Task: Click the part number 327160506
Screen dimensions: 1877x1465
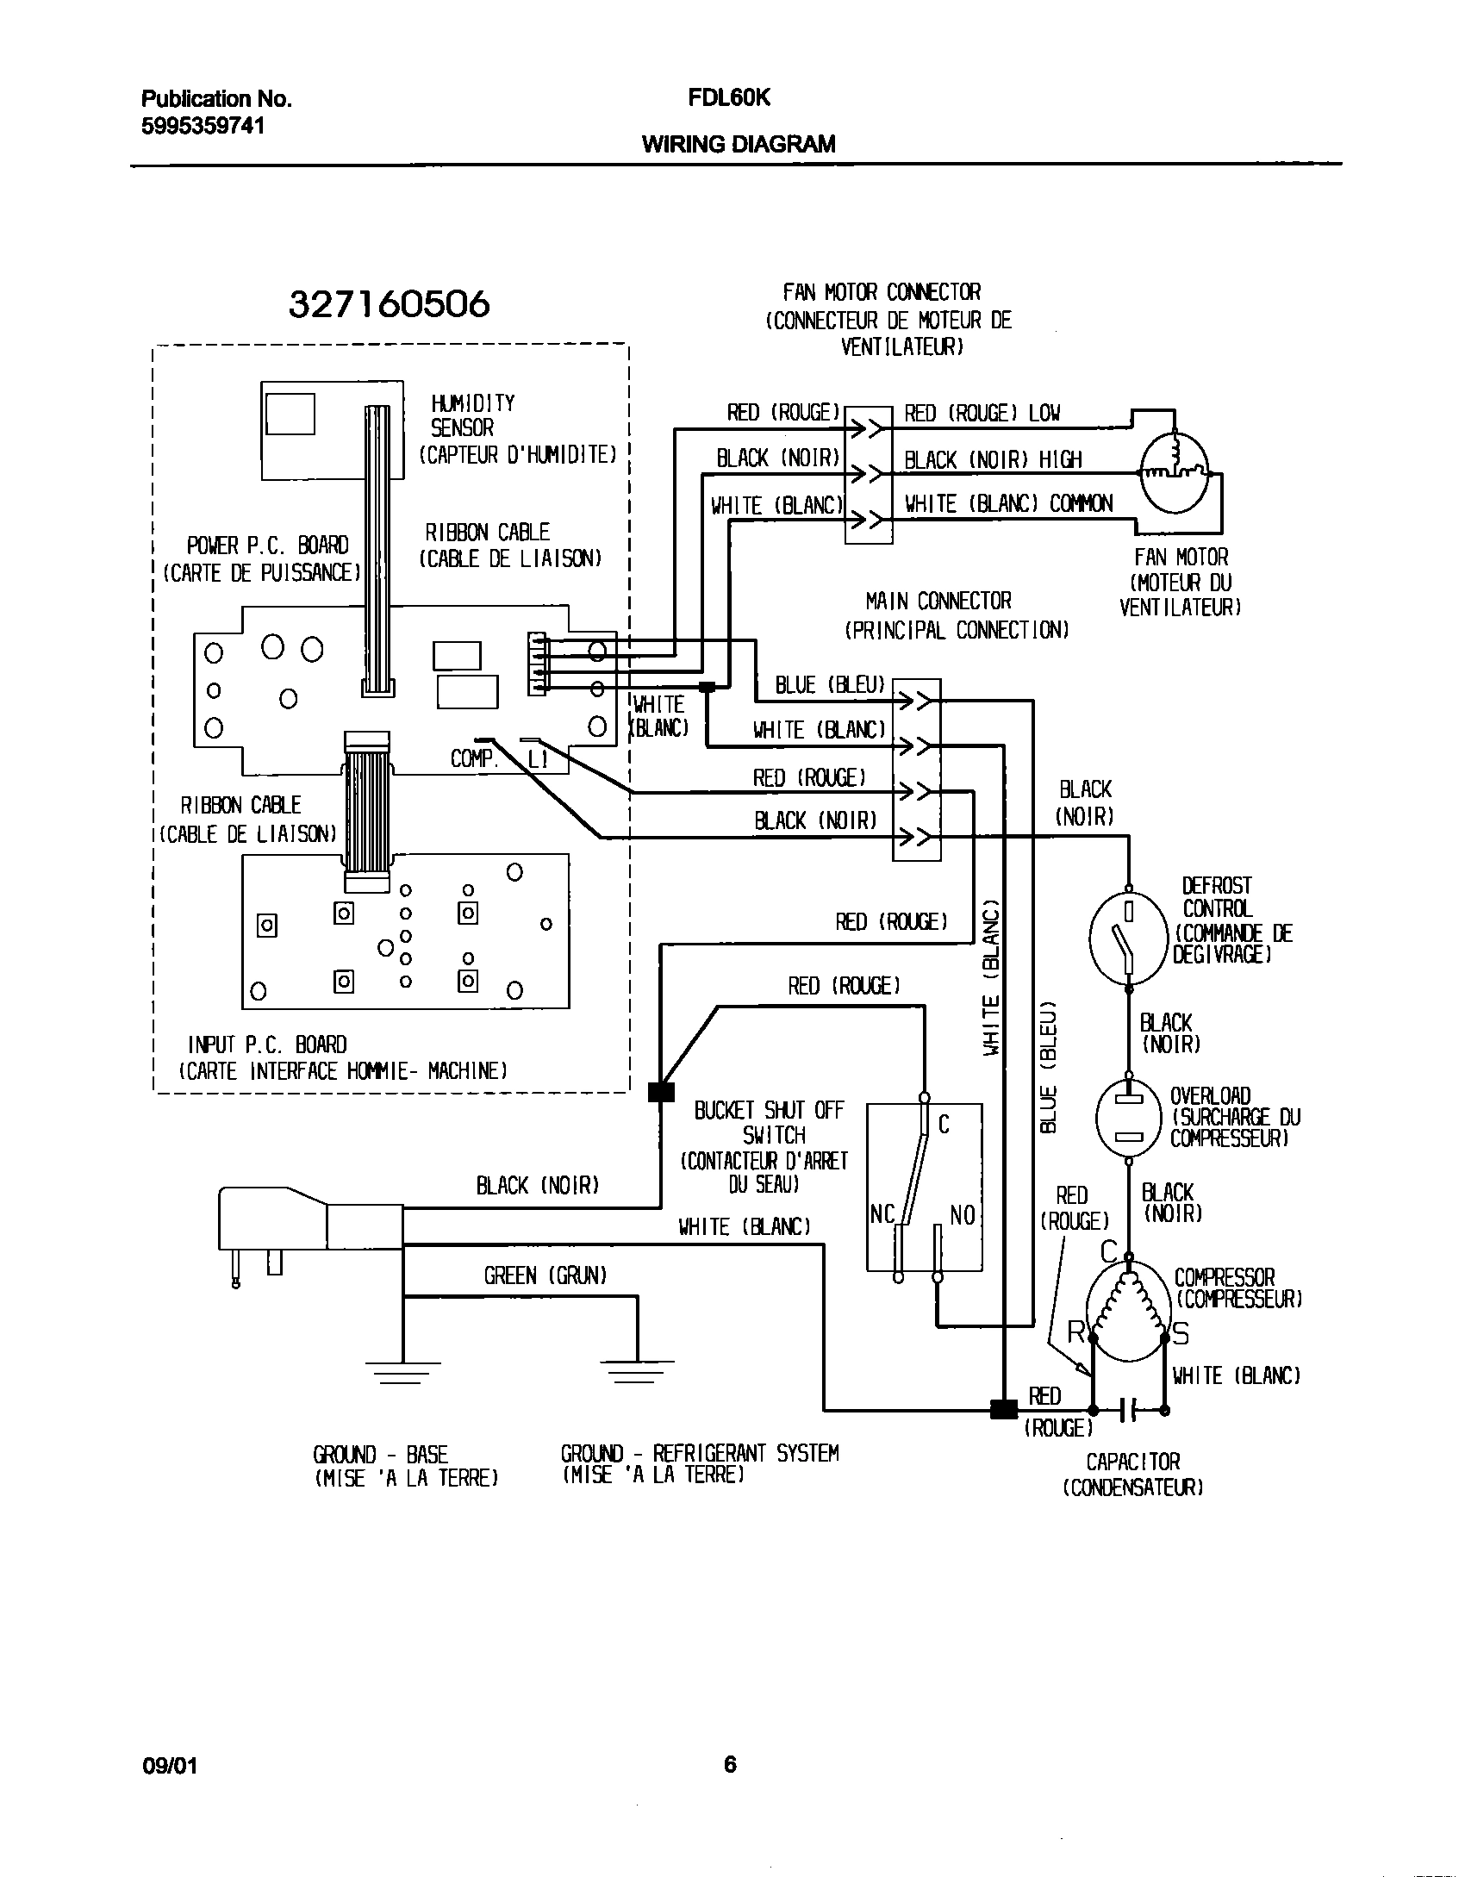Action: (x=389, y=304)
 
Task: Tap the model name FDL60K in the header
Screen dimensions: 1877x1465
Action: (x=728, y=98)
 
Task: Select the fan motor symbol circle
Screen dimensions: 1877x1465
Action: (x=1175, y=473)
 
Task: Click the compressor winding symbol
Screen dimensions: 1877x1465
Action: (x=1128, y=1304)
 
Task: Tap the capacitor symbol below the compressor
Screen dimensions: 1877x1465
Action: (x=1129, y=1411)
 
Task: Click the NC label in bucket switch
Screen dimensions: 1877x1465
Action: (x=882, y=1214)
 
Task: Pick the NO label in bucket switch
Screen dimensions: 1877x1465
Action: (x=962, y=1214)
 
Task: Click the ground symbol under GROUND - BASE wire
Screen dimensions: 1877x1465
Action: (x=402, y=1371)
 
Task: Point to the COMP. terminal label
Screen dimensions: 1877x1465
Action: (x=474, y=759)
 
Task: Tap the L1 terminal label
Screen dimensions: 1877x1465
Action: (x=537, y=759)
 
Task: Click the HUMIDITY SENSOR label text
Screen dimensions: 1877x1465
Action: (x=472, y=415)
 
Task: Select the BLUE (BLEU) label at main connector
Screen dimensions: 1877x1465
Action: (x=830, y=685)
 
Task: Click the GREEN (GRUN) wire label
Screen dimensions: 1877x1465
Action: (x=545, y=1275)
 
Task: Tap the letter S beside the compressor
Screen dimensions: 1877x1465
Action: (x=1180, y=1334)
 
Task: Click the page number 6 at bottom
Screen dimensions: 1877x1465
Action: (x=730, y=1764)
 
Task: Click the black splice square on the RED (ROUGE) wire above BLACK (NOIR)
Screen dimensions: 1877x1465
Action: (x=660, y=1092)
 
